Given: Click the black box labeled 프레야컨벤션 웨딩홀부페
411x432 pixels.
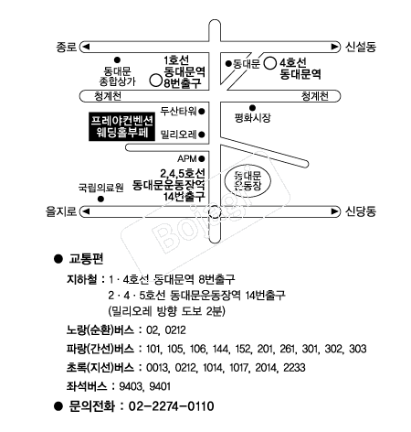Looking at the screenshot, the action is click(x=121, y=127).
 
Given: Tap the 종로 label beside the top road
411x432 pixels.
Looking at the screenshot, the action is click(x=66, y=47).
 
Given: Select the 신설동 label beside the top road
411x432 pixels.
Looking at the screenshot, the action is click(x=361, y=47).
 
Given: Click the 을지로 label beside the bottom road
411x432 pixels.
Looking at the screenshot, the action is click(x=61, y=211).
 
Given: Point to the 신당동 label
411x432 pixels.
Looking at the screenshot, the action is click(x=361, y=211).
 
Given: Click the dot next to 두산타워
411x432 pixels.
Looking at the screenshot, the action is click(x=202, y=112).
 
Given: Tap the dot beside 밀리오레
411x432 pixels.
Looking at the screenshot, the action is click(x=202, y=135).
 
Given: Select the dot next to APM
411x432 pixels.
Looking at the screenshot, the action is click(x=202, y=158).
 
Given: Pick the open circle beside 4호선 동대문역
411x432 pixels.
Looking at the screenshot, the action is click(x=269, y=64).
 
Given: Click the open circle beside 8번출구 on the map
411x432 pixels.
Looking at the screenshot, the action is click(x=155, y=81).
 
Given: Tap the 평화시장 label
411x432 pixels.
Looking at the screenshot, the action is click(x=252, y=118).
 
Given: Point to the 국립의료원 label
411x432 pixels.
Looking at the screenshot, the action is click(x=100, y=187).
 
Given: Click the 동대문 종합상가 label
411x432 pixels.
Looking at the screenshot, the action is click(x=117, y=76).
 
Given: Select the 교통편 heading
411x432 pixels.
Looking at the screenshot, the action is click(x=86, y=259).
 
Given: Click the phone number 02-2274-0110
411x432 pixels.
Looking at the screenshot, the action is click(x=172, y=406).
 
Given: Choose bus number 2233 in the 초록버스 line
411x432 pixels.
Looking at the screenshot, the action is click(x=294, y=368).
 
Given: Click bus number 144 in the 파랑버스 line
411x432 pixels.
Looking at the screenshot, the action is click(x=221, y=349).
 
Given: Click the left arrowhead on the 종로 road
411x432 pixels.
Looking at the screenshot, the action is click(x=86, y=47).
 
